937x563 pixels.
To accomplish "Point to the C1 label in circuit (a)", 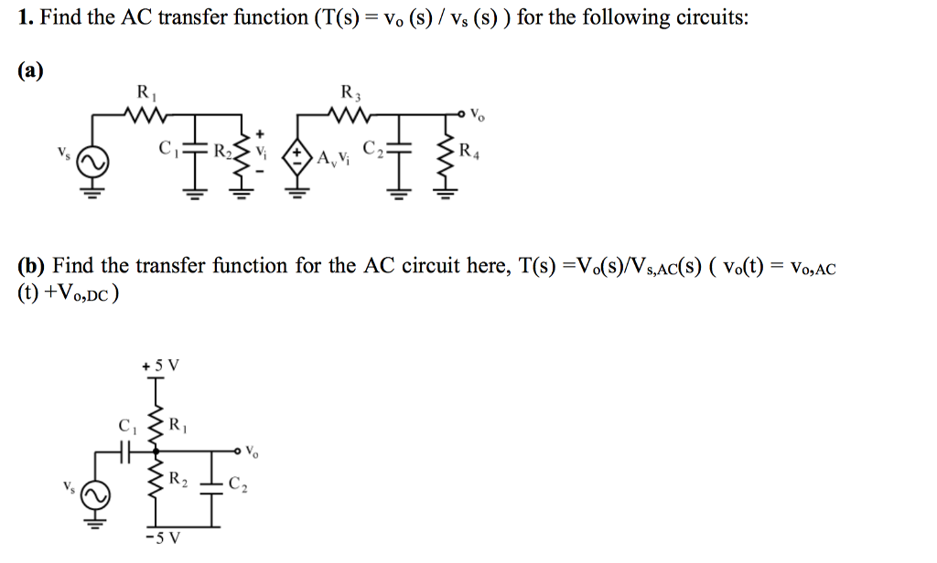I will pos(167,148).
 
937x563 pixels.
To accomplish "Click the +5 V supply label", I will pos(161,366).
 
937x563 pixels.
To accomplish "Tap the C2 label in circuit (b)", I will pos(239,484).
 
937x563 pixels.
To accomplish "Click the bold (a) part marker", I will pos(31,71).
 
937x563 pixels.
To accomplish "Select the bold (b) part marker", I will pos(32,266).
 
